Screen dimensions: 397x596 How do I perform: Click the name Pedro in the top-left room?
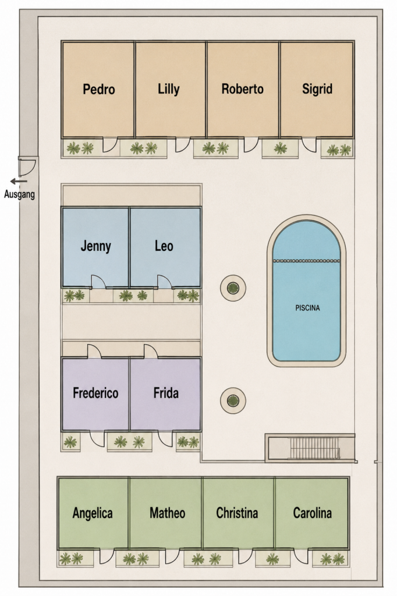(x=99, y=89)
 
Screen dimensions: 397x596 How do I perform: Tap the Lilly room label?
(x=168, y=90)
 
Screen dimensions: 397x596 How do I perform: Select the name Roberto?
(x=242, y=89)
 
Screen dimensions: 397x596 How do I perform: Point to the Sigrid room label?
(x=317, y=89)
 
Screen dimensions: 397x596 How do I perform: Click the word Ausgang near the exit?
(x=19, y=194)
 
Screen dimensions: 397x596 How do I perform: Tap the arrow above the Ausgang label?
(x=19, y=182)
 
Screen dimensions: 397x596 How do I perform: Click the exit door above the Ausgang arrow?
(x=27, y=166)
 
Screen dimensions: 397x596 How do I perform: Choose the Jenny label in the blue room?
(x=96, y=246)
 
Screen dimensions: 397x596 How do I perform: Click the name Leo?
(x=164, y=246)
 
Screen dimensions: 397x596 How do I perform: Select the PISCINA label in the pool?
(x=307, y=308)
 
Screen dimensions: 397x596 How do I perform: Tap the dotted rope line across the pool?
(x=307, y=261)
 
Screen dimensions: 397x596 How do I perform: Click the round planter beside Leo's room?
(x=233, y=288)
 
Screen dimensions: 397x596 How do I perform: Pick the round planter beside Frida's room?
(x=233, y=400)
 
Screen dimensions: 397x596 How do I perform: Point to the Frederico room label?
(x=95, y=393)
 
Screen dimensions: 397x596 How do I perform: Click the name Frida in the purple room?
(x=166, y=393)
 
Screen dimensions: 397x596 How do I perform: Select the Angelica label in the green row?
(x=93, y=513)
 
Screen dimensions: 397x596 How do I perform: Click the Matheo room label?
(x=167, y=513)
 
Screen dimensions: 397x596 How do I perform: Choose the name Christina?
(x=237, y=513)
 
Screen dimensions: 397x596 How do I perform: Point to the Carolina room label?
(x=312, y=513)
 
